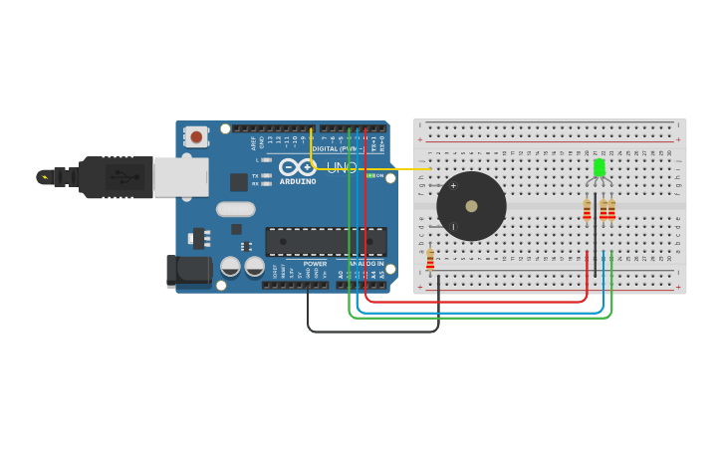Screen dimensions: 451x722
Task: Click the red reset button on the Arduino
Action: click(x=196, y=136)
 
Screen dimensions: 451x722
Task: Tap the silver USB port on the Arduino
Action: click(x=180, y=177)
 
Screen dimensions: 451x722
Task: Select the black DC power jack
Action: click(x=188, y=270)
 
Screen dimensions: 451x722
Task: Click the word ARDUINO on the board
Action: click(x=298, y=181)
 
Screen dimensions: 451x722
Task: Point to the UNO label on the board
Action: click(x=342, y=167)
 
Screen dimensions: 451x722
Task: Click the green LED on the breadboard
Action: click(x=599, y=167)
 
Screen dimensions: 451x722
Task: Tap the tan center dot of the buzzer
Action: click(x=471, y=207)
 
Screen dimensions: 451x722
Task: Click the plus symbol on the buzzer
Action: click(x=453, y=185)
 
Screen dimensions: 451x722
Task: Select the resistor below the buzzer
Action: click(x=430, y=259)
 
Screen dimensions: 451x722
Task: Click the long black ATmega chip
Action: click(x=326, y=242)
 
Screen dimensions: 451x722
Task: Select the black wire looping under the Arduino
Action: click(x=373, y=332)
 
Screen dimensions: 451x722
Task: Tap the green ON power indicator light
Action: click(x=367, y=176)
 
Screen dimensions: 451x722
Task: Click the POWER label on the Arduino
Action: click(x=315, y=264)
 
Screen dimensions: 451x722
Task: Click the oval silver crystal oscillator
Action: click(x=236, y=209)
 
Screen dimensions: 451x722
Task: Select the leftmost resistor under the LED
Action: click(x=587, y=209)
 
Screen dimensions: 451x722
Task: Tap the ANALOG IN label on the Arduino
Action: click(x=365, y=264)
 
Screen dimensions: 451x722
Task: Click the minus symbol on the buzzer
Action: click(x=453, y=227)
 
